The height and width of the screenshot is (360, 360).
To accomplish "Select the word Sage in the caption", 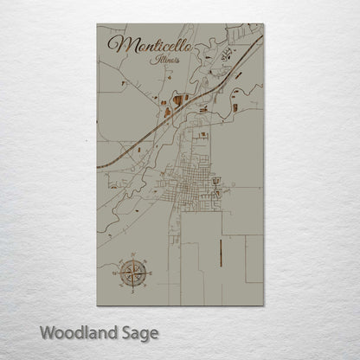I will (137, 332).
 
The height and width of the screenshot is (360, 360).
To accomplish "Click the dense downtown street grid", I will (189, 185).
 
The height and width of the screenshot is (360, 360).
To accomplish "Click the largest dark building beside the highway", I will (178, 101).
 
